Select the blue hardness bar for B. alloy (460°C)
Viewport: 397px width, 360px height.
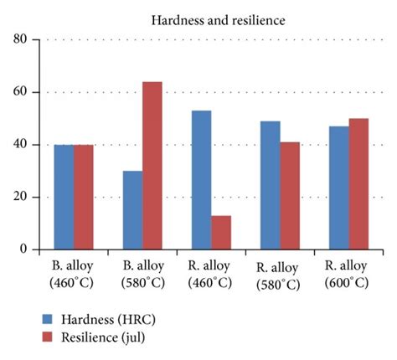click(x=64, y=197)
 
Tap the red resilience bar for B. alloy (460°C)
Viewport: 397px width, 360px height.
click(x=83, y=197)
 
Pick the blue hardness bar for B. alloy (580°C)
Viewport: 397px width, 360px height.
click(x=132, y=210)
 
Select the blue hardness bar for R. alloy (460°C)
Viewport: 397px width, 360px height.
click(x=201, y=180)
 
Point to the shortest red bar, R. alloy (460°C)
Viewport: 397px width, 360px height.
click(x=220, y=233)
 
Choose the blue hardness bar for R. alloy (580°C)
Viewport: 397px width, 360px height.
click(x=269, y=185)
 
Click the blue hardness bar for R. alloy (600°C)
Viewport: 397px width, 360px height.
click(x=338, y=188)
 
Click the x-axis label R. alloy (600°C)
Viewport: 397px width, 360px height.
click(x=348, y=275)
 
